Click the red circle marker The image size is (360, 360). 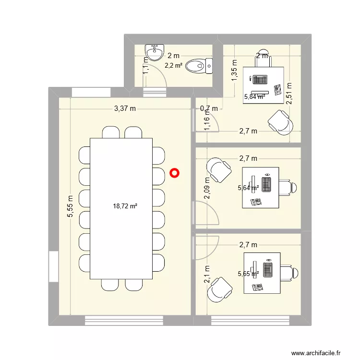click(175, 173)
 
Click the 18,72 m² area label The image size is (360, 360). click(125, 206)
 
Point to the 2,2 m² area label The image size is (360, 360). click(173, 65)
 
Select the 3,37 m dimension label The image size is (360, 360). click(125, 109)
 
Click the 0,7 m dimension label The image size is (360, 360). click(208, 109)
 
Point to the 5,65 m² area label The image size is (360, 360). click(249, 274)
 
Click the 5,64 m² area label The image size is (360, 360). click(249, 188)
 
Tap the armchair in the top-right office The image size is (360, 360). click(280, 122)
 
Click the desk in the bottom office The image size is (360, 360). click(262, 273)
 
